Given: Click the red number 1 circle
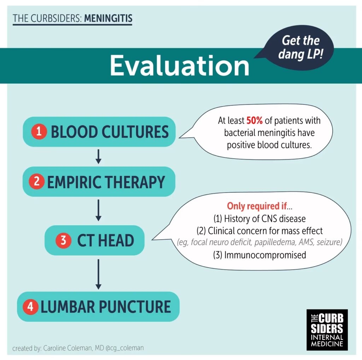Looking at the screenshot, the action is click(39, 131).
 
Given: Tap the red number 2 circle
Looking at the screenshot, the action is click(36, 181).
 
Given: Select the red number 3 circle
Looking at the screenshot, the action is click(63, 240).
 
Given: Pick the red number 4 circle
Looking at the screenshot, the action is click(30, 307).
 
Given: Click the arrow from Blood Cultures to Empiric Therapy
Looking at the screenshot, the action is click(98, 156).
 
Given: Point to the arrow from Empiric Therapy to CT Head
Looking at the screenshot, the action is click(98, 210).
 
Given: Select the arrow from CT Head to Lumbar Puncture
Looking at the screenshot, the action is click(98, 274).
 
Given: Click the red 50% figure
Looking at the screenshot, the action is click(255, 120).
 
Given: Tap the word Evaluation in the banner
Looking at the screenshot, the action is click(180, 65).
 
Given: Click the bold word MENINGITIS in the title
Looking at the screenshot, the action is click(108, 18).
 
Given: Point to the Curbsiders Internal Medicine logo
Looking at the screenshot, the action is click(327, 330).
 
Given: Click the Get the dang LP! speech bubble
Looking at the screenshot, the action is click(298, 48).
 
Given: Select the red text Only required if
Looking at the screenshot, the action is click(257, 206).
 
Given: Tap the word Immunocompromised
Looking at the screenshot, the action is click(265, 255).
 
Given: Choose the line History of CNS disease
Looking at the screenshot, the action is click(259, 218).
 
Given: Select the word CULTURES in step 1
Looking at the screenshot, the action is click(135, 132).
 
